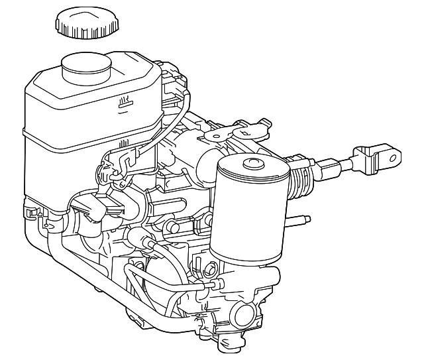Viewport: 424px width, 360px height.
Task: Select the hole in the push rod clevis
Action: pyautogui.click(x=394, y=158)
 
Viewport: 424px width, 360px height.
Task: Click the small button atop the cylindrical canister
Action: pyautogui.click(x=253, y=163)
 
